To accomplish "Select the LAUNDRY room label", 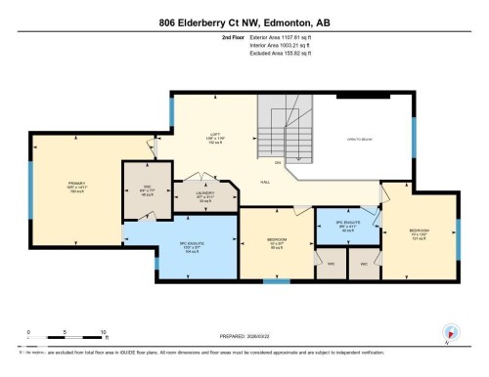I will pyautogui.click(x=204, y=194).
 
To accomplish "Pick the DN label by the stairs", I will pyautogui.click(x=278, y=162).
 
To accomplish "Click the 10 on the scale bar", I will pyautogui.click(x=103, y=333).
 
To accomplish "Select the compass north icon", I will pyautogui.click(x=451, y=333).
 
